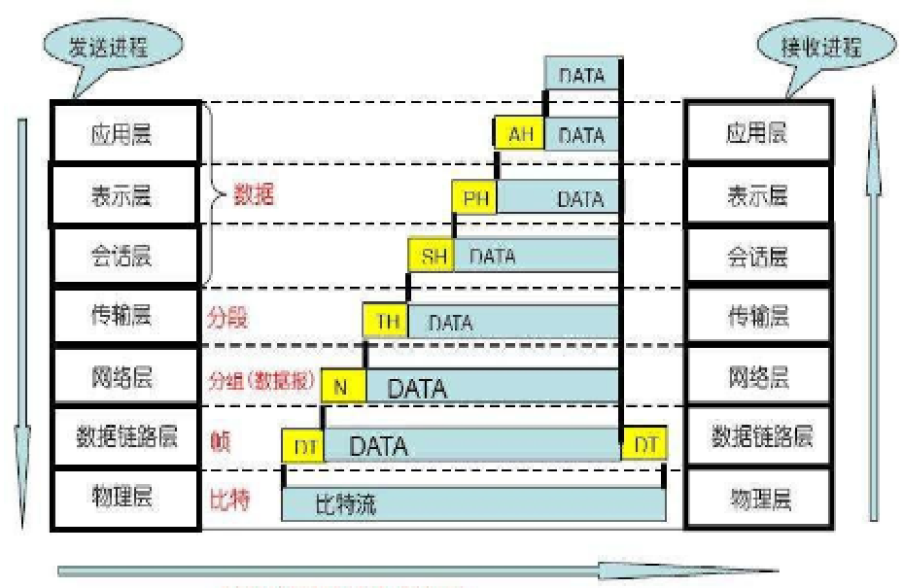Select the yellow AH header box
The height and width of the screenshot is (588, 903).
[520, 135]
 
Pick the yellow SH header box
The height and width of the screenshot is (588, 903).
[433, 257]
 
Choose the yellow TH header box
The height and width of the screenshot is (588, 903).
[386, 321]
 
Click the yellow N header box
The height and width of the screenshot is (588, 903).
[342, 388]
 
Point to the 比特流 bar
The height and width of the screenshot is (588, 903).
[473, 504]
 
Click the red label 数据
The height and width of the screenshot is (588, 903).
[255, 193]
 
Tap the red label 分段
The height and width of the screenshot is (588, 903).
[227, 317]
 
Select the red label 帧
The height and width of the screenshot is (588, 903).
[220, 438]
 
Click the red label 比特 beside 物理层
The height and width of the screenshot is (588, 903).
[229, 499]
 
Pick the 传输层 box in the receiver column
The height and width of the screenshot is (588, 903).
[758, 316]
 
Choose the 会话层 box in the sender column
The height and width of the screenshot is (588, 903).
[124, 257]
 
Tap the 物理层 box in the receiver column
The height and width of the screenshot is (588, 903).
[758, 500]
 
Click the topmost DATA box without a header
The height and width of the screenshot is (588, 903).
[582, 74]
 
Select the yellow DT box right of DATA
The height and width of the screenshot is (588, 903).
[644, 445]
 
